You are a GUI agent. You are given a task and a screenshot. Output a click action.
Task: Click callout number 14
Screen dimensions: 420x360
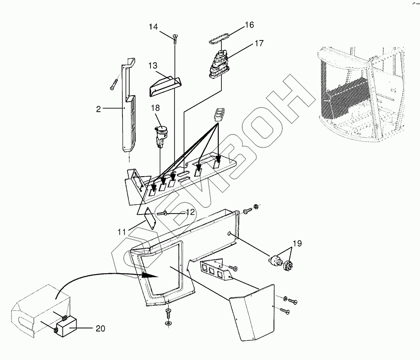tap(153, 27)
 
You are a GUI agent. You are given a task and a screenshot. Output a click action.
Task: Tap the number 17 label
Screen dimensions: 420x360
tap(259, 44)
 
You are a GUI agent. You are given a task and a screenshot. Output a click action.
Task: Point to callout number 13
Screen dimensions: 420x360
tap(153, 65)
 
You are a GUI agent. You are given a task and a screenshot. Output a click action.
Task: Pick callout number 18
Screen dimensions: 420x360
tap(155, 108)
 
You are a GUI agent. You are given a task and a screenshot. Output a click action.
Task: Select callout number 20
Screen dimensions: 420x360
tap(101, 329)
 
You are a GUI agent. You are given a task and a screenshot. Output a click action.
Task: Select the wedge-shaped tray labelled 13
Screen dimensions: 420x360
tap(164, 85)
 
